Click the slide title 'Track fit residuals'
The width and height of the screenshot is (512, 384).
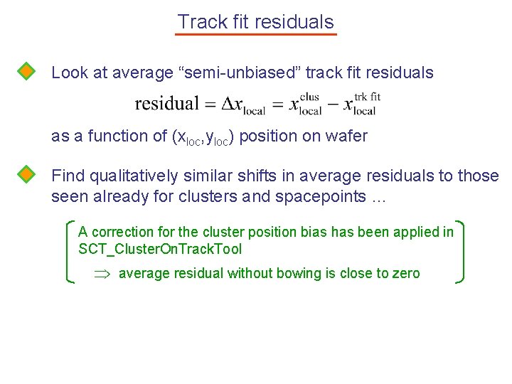pyautogui.click(x=255, y=22)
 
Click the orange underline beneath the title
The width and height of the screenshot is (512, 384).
pyautogui.click(x=255, y=33)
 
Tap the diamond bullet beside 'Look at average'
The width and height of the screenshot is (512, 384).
pyautogui.click(x=26, y=72)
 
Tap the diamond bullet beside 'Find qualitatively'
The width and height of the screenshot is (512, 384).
pyautogui.click(x=26, y=175)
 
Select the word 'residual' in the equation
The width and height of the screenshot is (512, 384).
pyautogui.click(x=166, y=104)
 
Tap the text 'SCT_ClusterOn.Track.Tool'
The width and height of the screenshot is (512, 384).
pyautogui.click(x=160, y=249)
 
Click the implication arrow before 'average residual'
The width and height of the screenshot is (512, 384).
pyautogui.click(x=102, y=274)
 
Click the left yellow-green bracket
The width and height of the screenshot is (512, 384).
pyautogui.click(x=69, y=252)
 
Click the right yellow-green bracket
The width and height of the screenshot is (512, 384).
pyautogui.click(x=460, y=252)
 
